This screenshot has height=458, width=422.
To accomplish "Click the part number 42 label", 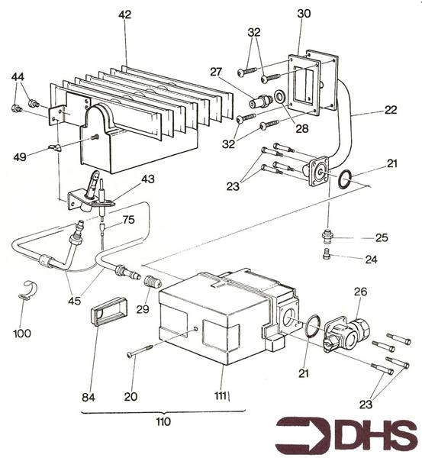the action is pos(125,15).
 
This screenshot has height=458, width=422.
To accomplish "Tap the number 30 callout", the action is pos(304,14).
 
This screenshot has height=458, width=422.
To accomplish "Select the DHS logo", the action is pos(346,436).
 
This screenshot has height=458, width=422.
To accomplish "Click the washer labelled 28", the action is pos(281,97).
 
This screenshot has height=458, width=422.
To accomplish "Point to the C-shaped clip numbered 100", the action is pos(29,289).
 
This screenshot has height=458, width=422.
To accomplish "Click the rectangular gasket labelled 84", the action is pos(108,311).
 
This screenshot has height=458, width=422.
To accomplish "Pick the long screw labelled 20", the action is pos(140,350).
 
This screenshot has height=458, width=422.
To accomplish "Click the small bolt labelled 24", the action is pos(327,253).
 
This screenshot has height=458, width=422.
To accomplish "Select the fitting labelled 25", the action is pos(327,235).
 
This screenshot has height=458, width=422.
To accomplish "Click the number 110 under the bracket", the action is pos(163,422).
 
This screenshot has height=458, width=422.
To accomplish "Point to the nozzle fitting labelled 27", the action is pos(261,102).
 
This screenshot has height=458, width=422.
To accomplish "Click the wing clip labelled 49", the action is pos(56,148).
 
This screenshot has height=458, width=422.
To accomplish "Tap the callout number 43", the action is pos(148,179).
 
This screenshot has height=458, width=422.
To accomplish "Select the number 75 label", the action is pos(128,220).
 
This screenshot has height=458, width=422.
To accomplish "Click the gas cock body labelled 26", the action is pos(346,333).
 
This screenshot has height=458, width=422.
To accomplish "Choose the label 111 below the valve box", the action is pos(221,396).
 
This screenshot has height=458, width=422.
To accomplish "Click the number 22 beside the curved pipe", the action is pos(391,110).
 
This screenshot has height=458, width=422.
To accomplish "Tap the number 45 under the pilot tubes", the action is pos(74,301).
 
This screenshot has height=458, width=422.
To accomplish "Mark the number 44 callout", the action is pos(18,77).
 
